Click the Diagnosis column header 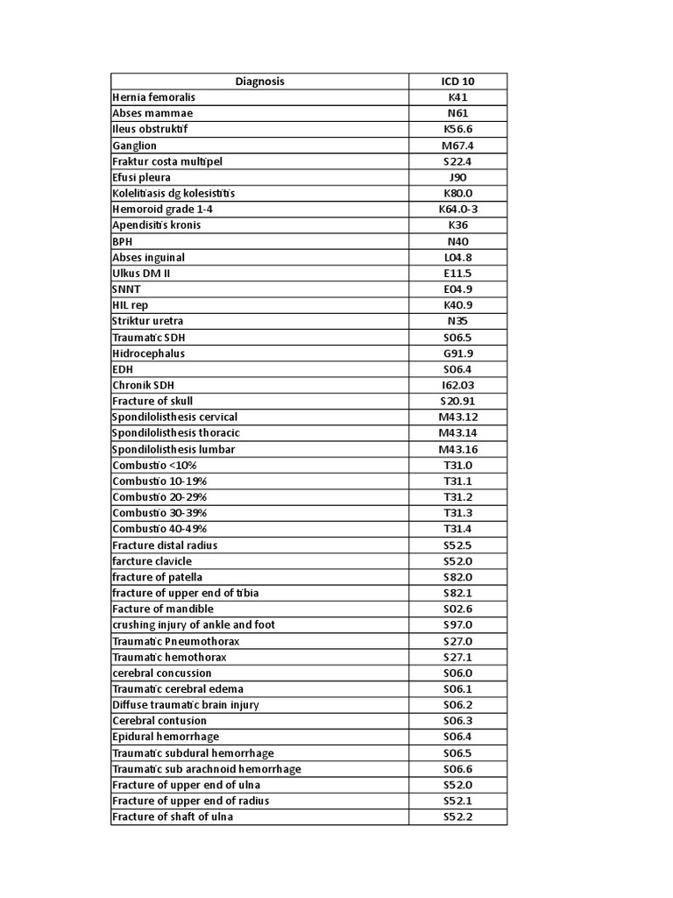pos(259,82)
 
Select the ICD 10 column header pos(457,82)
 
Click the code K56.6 pos(457,130)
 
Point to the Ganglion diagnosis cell pos(134,146)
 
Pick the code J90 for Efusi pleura pos(457,177)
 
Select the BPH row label pos(123,241)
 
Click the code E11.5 pos(457,274)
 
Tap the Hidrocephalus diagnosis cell pos(148,353)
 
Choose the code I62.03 pos(457,385)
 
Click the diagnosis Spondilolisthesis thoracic pos(176,433)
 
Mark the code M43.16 pos(457,449)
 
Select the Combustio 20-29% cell pos(159,497)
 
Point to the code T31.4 pos(457,529)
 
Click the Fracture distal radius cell pos(165,545)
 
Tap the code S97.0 pos(457,624)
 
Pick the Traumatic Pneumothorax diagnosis pos(175,641)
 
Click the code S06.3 pos(457,721)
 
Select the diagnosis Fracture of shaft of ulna pos(173,816)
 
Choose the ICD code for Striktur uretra pos(457,321)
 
